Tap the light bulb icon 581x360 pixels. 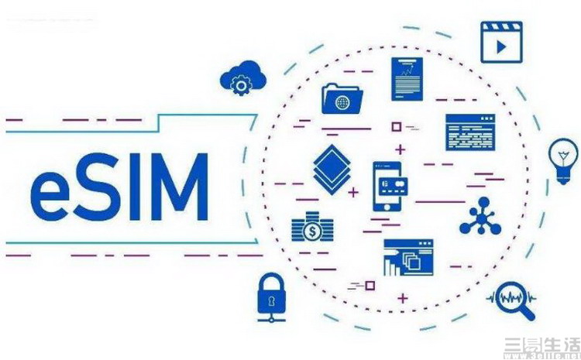click(562, 159)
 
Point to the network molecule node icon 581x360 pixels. click(480, 216)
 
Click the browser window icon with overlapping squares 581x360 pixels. click(408, 258)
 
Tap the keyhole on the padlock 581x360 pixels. click(272, 300)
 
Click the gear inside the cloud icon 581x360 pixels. click(241, 85)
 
